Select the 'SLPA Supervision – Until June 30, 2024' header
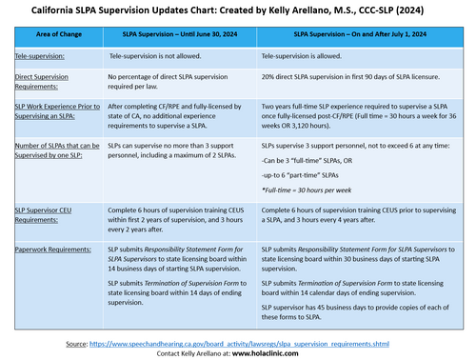point(177,34)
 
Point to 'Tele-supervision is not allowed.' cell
point(156,57)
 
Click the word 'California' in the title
point(59,10)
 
